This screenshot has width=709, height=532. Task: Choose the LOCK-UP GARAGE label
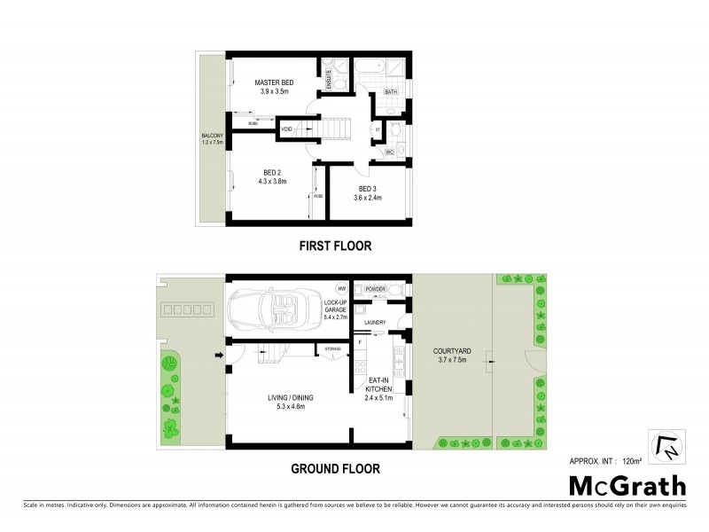335,309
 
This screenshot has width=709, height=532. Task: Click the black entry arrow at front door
218,356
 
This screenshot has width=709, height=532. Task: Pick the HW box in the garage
340,288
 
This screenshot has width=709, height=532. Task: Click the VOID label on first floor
286,130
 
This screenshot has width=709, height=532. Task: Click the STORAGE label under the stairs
335,348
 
